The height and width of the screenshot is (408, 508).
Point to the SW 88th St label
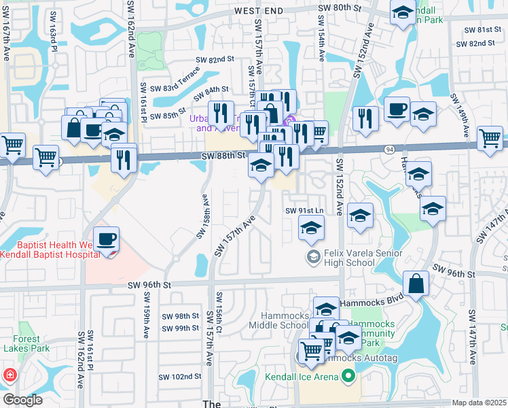223,156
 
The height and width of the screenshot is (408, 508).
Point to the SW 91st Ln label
302,210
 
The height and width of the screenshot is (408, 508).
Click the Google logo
22,400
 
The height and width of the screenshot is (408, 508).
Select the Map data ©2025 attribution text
478,403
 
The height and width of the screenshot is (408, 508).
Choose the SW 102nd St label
179,377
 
